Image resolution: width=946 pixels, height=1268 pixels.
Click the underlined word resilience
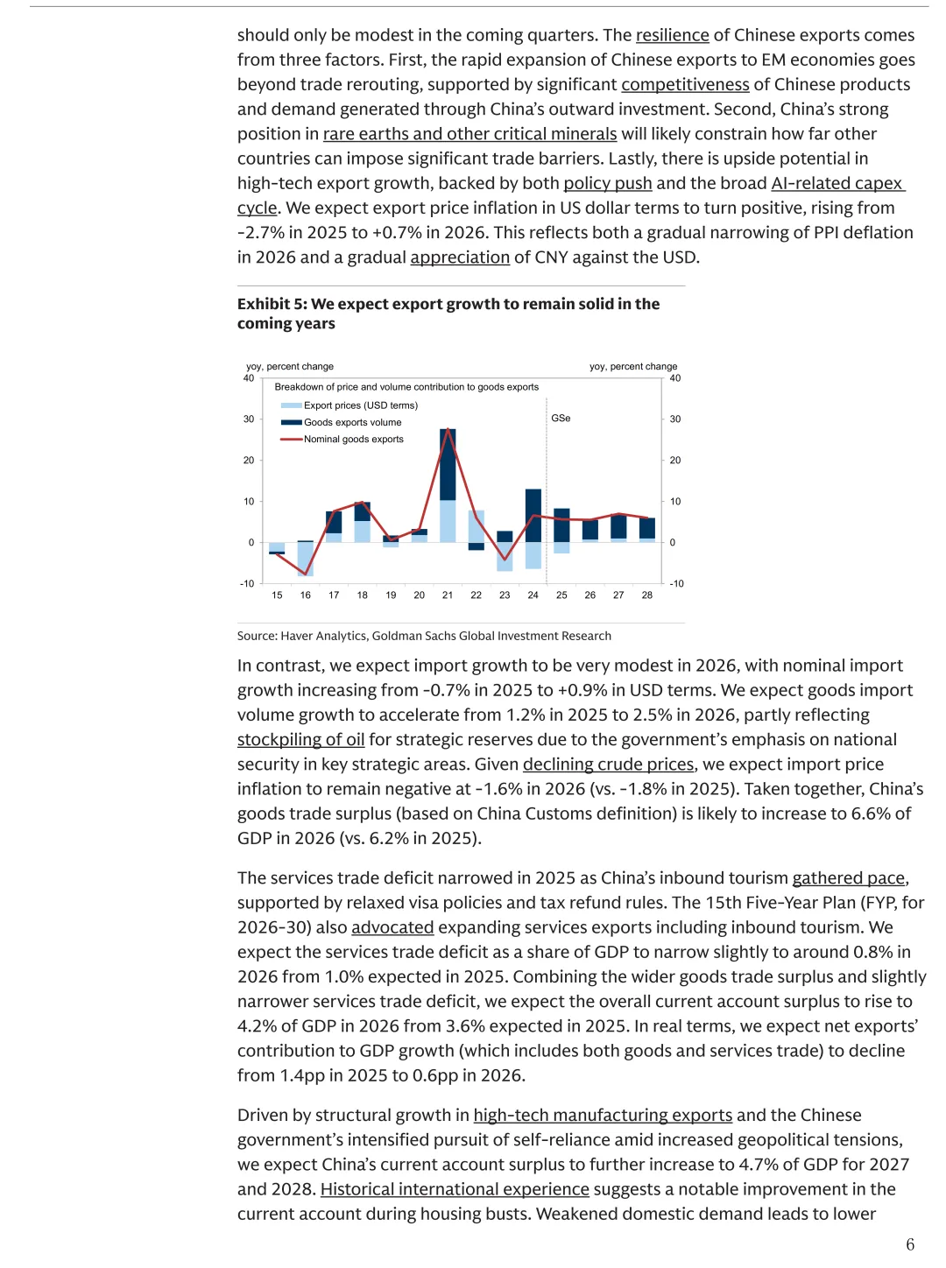(672, 35)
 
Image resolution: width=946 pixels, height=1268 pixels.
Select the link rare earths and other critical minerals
(469, 134)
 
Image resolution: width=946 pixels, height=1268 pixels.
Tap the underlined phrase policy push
(607, 183)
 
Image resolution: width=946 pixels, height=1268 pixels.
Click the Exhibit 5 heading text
(448, 313)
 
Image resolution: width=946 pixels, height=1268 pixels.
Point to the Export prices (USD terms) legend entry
(360, 405)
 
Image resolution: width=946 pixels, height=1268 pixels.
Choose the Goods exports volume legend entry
(352, 422)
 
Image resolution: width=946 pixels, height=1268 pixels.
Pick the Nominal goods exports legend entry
(353, 439)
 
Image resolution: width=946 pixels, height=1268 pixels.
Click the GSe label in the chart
(561, 419)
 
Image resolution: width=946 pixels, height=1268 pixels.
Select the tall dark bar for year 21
(448, 464)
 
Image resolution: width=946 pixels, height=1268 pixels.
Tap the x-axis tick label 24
(533, 595)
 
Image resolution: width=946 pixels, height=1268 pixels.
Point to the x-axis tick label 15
(277, 595)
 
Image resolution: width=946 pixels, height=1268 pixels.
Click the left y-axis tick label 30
(249, 419)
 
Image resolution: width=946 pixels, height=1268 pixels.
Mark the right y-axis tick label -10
(676, 583)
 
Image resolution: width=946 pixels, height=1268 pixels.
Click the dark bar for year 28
(647, 528)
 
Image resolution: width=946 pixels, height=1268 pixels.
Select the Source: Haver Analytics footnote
(424, 636)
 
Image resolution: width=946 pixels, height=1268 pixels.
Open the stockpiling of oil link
(300, 740)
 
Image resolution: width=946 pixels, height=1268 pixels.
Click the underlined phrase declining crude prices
(608, 764)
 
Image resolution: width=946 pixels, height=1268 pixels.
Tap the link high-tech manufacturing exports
(603, 1115)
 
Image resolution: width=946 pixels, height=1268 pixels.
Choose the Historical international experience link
(455, 1189)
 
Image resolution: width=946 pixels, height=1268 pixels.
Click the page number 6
(910, 1244)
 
